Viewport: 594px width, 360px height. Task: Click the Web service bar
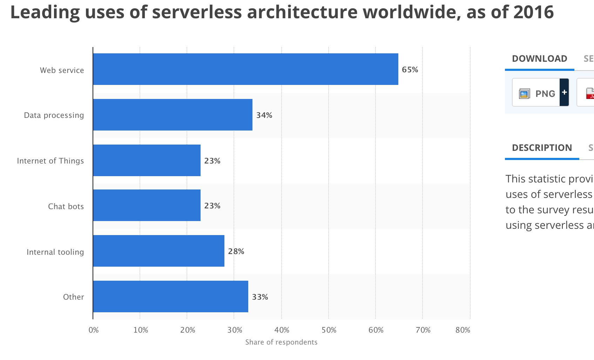point(245,69)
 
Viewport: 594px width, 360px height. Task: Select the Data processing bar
point(173,115)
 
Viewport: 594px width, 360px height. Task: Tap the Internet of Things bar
point(147,160)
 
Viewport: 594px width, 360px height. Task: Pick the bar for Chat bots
point(147,205)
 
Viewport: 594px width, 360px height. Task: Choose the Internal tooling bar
point(158,251)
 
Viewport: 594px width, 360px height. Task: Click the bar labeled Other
point(170,296)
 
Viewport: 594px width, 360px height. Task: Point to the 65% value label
point(410,69)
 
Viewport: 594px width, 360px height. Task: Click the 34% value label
point(264,115)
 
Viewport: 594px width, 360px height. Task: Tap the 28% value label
point(236,251)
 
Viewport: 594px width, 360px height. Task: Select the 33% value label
point(260,297)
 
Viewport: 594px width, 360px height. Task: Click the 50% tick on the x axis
point(329,330)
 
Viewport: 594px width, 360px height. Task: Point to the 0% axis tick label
point(94,330)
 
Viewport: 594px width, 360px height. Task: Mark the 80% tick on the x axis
point(463,330)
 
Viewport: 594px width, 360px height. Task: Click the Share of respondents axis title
point(281,342)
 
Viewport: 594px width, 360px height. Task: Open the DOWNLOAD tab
point(539,59)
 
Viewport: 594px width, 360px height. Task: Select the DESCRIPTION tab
point(542,148)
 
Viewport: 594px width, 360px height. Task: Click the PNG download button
point(536,93)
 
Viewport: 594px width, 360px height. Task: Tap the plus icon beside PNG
point(564,93)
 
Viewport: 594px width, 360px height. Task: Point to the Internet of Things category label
point(50,161)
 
